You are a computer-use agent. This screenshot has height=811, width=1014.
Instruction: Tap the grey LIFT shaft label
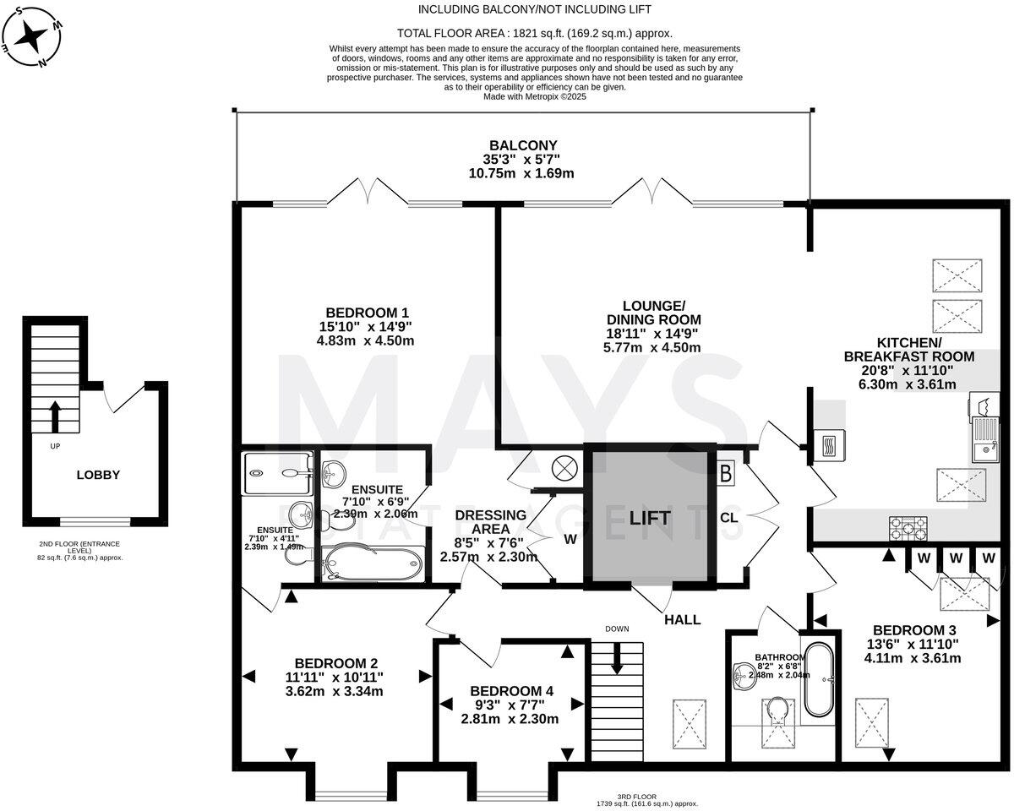coord(649,518)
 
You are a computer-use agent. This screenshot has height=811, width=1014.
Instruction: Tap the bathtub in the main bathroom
coord(817,680)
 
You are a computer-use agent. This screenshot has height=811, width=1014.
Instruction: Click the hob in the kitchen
coord(908,528)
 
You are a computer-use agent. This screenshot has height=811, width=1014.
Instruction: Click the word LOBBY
coord(98,475)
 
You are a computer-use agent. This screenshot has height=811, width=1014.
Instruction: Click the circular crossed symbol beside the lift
coord(564,466)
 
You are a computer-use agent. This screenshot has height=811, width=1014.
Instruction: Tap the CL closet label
coord(729,518)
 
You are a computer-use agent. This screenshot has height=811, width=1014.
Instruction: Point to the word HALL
coord(682,619)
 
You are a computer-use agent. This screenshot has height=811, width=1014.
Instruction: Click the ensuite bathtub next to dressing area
coord(372,563)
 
